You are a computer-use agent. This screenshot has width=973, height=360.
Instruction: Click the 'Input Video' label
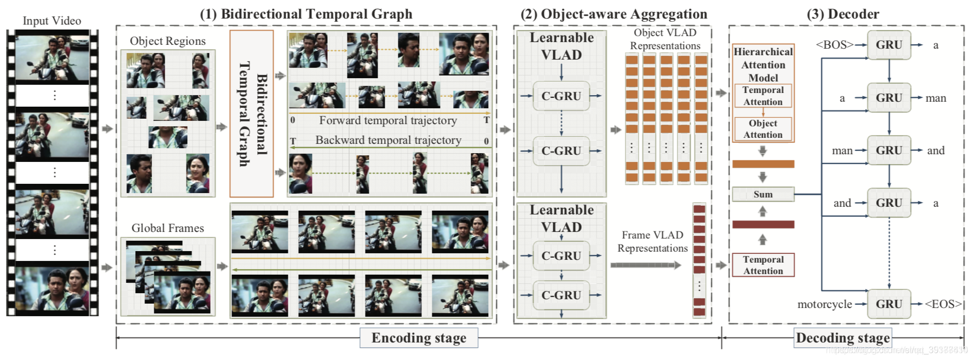52,21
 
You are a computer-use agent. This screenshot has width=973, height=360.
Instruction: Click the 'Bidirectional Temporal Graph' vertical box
252,113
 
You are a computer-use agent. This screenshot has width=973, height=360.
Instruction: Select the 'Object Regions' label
167,41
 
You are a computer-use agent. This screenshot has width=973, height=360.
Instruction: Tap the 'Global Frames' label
167,228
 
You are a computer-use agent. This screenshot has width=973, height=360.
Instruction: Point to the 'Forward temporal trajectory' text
387,120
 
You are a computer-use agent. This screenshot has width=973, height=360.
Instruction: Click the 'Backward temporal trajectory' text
388,140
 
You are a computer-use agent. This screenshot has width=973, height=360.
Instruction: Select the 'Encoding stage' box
419,338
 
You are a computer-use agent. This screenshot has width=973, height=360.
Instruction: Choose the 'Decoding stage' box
843,338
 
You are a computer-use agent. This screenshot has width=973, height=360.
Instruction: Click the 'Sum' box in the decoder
763,194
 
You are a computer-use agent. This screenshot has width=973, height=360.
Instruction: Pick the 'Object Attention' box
763,129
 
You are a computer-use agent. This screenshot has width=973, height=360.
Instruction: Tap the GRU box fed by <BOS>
889,45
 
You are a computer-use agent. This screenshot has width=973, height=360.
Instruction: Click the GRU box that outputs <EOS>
889,304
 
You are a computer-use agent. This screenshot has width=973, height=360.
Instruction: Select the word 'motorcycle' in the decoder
825,304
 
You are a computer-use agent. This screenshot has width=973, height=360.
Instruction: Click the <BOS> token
835,45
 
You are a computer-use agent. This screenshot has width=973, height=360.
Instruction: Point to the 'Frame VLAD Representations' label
652,241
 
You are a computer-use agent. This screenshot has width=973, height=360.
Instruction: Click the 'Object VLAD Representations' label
665,39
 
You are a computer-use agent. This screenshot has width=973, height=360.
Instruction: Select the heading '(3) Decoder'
843,14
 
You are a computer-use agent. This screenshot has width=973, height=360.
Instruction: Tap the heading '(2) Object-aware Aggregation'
613,14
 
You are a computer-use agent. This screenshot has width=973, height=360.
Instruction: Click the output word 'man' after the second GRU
936,98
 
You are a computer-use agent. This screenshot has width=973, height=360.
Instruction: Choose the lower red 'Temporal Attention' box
763,265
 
